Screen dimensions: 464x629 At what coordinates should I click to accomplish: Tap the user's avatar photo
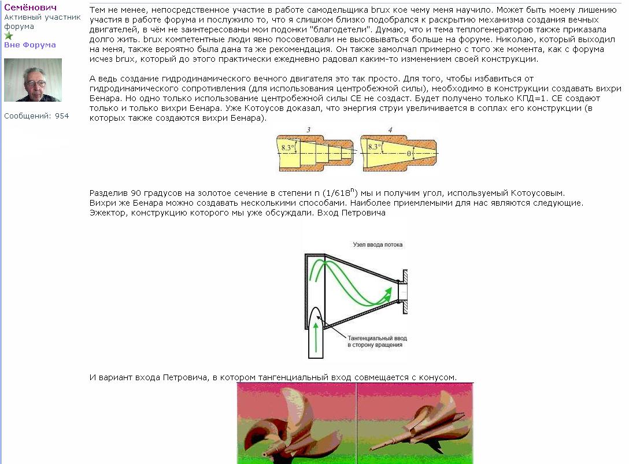[x=33, y=80]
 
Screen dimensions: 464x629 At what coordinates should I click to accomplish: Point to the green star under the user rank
[x=9, y=36]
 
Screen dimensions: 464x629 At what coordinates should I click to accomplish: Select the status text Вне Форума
[x=30, y=45]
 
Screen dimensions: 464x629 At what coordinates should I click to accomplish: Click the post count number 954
[x=62, y=116]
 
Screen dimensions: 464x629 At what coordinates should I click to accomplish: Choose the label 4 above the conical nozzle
[x=390, y=129]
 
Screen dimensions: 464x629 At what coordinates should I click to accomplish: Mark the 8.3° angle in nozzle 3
[x=288, y=147]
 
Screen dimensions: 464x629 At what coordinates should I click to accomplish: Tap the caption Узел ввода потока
[x=378, y=244]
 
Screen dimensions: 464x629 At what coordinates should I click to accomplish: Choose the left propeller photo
[x=297, y=425]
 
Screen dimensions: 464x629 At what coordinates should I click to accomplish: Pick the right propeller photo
[x=415, y=425]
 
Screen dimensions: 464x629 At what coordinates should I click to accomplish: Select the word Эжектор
[x=108, y=213]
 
